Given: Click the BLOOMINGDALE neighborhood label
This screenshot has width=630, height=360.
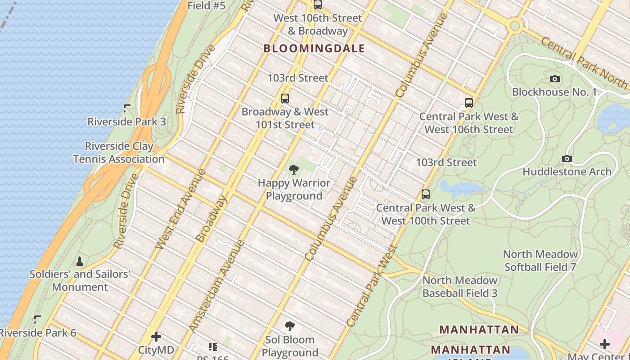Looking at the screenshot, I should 314,49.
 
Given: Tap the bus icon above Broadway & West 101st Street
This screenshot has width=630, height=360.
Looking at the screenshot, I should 284,99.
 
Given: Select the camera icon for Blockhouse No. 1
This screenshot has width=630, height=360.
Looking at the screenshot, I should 555,79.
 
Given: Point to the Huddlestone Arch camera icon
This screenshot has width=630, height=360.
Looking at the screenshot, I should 567,158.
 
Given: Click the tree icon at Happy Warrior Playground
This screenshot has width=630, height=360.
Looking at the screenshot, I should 294,170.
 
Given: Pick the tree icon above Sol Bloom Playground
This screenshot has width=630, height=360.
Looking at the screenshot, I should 290,326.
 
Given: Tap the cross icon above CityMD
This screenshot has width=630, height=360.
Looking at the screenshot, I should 156,337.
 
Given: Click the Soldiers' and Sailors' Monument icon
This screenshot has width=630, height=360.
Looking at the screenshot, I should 80,261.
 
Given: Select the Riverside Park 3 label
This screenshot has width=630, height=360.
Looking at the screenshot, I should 126,121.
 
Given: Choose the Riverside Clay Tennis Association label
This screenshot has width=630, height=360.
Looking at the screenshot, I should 119,153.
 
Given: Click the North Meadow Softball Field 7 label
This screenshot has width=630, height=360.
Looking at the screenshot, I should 540,261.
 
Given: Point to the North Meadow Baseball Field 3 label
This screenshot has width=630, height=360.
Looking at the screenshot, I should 460,287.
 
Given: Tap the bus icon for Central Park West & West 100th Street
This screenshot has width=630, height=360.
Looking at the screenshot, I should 426,194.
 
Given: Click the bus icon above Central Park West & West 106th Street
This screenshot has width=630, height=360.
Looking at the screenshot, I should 469,103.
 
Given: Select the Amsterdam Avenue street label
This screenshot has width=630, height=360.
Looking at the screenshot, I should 216,286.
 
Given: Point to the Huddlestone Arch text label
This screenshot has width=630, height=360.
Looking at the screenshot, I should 567,171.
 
